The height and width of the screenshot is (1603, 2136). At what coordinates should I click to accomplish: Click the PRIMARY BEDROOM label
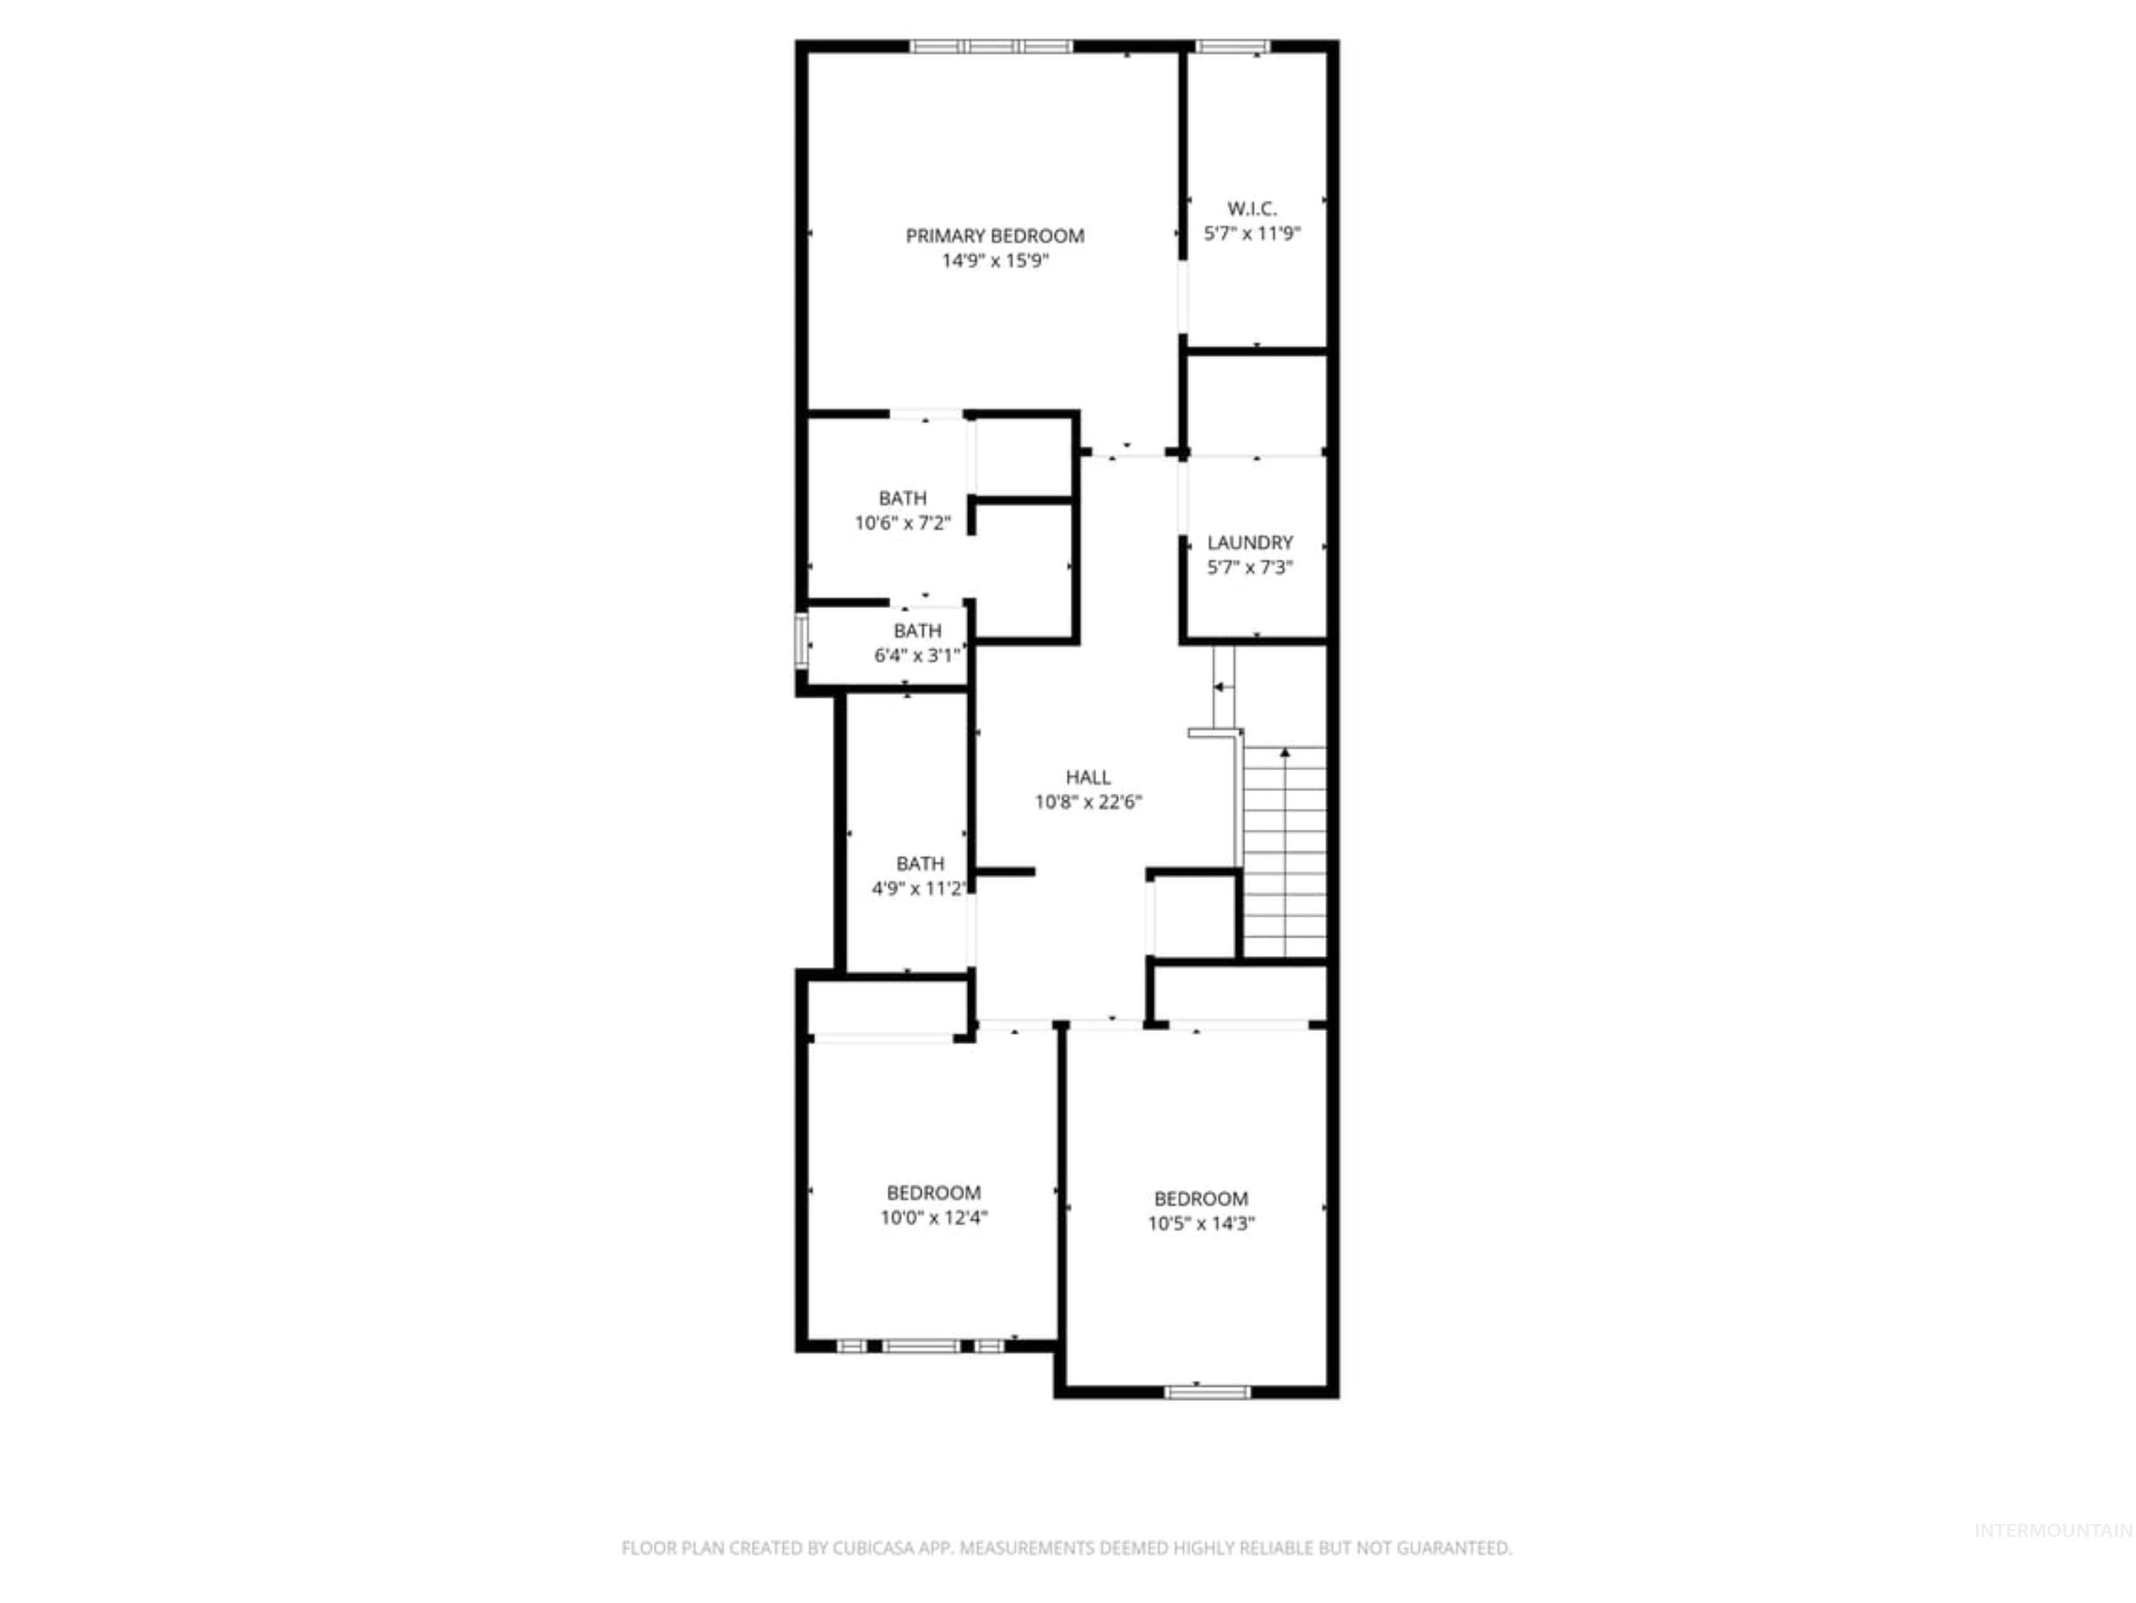[x=995, y=236]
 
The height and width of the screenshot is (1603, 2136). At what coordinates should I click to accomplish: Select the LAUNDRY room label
[x=1250, y=543]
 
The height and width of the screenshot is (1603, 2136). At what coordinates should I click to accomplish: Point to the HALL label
[x=1089, y=776]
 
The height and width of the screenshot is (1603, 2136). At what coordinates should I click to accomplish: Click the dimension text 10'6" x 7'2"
[x=902, y=523]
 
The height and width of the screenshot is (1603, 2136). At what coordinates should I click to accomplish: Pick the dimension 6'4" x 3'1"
[x=917, y=655]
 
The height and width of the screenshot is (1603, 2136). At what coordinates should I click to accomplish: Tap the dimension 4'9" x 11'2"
[x=918, y=888]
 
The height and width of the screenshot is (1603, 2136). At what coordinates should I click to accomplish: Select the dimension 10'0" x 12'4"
[x=933, y=1218]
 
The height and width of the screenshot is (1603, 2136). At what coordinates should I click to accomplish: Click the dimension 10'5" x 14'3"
[x=1201, y=1224]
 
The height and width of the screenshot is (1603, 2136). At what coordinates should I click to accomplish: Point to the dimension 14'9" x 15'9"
[x=995, y=261]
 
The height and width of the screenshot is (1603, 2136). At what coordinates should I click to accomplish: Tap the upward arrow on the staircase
[x=1284, y=753]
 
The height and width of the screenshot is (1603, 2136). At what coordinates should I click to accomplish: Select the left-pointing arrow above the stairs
[x=1221, y=687]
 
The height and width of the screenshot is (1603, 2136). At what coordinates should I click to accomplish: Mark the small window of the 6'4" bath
[x=801, y=640]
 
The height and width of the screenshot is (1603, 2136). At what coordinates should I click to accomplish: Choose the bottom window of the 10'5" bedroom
[x=1207, y=1391]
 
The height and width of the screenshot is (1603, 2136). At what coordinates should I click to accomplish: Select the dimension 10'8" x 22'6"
[x=1089, y=801]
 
